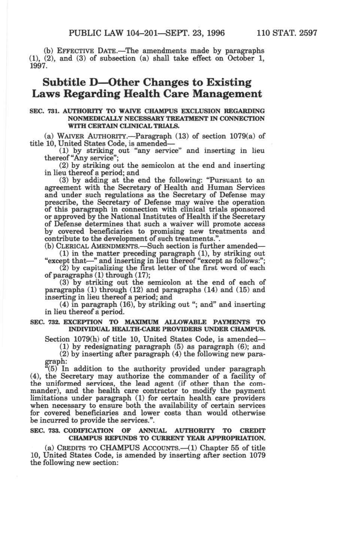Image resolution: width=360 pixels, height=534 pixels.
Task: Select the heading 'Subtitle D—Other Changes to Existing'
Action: (147, 82)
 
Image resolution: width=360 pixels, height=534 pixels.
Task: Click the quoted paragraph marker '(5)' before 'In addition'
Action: (53, 369)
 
